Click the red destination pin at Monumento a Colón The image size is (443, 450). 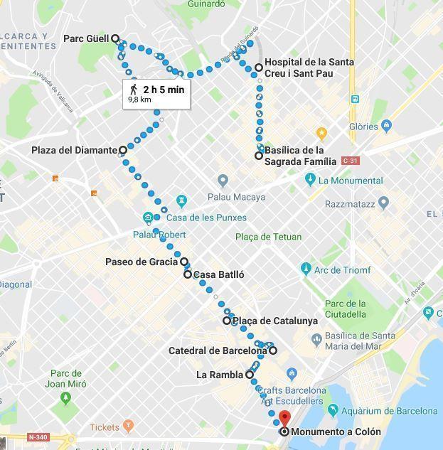pyautogui.click(x=284, y=419)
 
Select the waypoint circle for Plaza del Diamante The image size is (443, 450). pyautogui.click(x=123, y=150)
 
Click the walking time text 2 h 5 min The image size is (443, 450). pyautogui.click(x=164, y=89)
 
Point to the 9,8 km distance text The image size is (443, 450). pyautogui.click(x=139, y=100)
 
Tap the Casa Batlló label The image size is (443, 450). pyautogui.click(x=219, y=274)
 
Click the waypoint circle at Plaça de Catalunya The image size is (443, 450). pyautogui.click(x=227, y=321)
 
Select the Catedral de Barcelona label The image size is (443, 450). pyautogui.click(x=217, y=350)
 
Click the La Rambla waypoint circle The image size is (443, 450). pyautogui.click(x=250, y=375)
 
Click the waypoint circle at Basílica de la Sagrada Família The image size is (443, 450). pyautogui.click(x=259, y=155)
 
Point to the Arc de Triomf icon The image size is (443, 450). pyautogui.click(x=306, y=269)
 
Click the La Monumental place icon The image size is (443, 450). pyautogui.click(x=309, y=180)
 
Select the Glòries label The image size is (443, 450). pyautogui.click(x=363, y=127)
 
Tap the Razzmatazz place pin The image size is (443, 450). pyautogui.click(x=384, y=202)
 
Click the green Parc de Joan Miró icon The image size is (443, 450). pyautogui.click(x=66, y=397)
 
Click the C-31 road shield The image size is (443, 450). pyautogui.click(x=350, y=161)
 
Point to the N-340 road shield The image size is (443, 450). pyautogui.click(x=38, y=436)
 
